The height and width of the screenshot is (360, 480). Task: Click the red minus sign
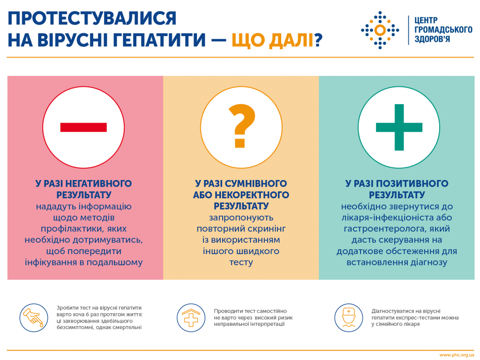83,127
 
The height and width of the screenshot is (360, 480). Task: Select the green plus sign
399,127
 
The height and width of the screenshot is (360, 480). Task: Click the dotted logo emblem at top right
380,30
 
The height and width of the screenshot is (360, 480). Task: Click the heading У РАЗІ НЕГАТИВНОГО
83,183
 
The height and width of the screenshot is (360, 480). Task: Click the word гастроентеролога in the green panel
385,229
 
